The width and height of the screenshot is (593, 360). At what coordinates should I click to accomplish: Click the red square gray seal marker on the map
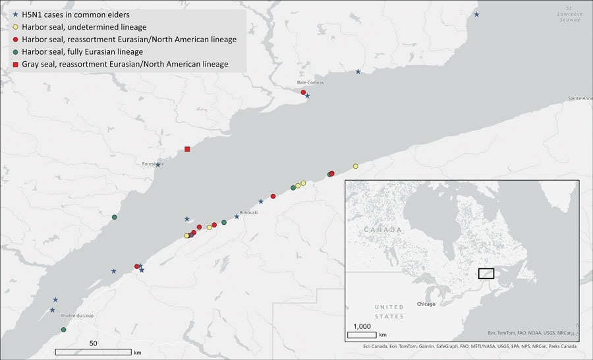point(188,149)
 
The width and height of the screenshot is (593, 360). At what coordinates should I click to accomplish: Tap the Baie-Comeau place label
point(310,82)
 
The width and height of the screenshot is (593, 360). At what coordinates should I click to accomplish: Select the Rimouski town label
point(248,212)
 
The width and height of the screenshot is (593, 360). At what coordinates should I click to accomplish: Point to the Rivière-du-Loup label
point(77,316)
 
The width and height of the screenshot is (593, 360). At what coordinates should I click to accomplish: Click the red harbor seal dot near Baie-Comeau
point(304,92)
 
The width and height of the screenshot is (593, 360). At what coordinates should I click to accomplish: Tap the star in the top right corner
point(477,15)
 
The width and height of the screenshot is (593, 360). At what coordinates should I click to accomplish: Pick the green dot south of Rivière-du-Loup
point(63,330)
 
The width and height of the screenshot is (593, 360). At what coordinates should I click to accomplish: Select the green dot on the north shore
point(115,217)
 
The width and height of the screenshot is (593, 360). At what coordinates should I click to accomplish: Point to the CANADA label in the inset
point(383,229)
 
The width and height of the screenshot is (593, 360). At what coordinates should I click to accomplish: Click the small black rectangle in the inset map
point(486,274)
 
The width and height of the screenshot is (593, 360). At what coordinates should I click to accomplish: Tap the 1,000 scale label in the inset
point(362,326)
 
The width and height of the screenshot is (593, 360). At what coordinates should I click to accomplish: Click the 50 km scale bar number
point(93,344)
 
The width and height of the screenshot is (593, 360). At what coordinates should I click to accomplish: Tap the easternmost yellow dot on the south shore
point(355,166)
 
